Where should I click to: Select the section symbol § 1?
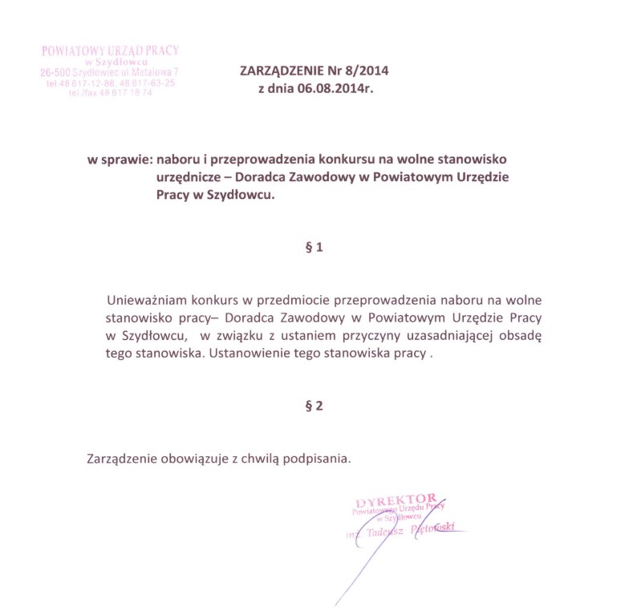(314, 249)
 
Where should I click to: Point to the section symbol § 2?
(314, 406)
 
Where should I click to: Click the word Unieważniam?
(145, 301)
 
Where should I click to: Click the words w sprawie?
(120, 160)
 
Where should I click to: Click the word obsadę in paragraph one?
(522, 337)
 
